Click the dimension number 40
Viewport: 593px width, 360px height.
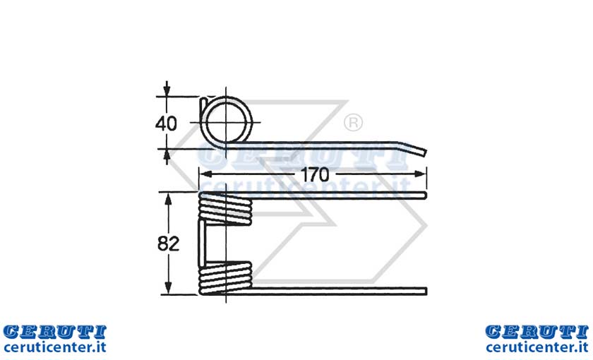[166, 124]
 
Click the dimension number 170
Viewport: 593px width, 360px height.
[315, 174]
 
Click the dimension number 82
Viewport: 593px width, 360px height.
[168, 244]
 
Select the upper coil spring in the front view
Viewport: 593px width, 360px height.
[225, 208]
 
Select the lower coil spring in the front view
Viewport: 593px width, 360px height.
[225, 278]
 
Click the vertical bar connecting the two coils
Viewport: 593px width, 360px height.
[203, 243]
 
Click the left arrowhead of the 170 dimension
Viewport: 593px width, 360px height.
[205, 174]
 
